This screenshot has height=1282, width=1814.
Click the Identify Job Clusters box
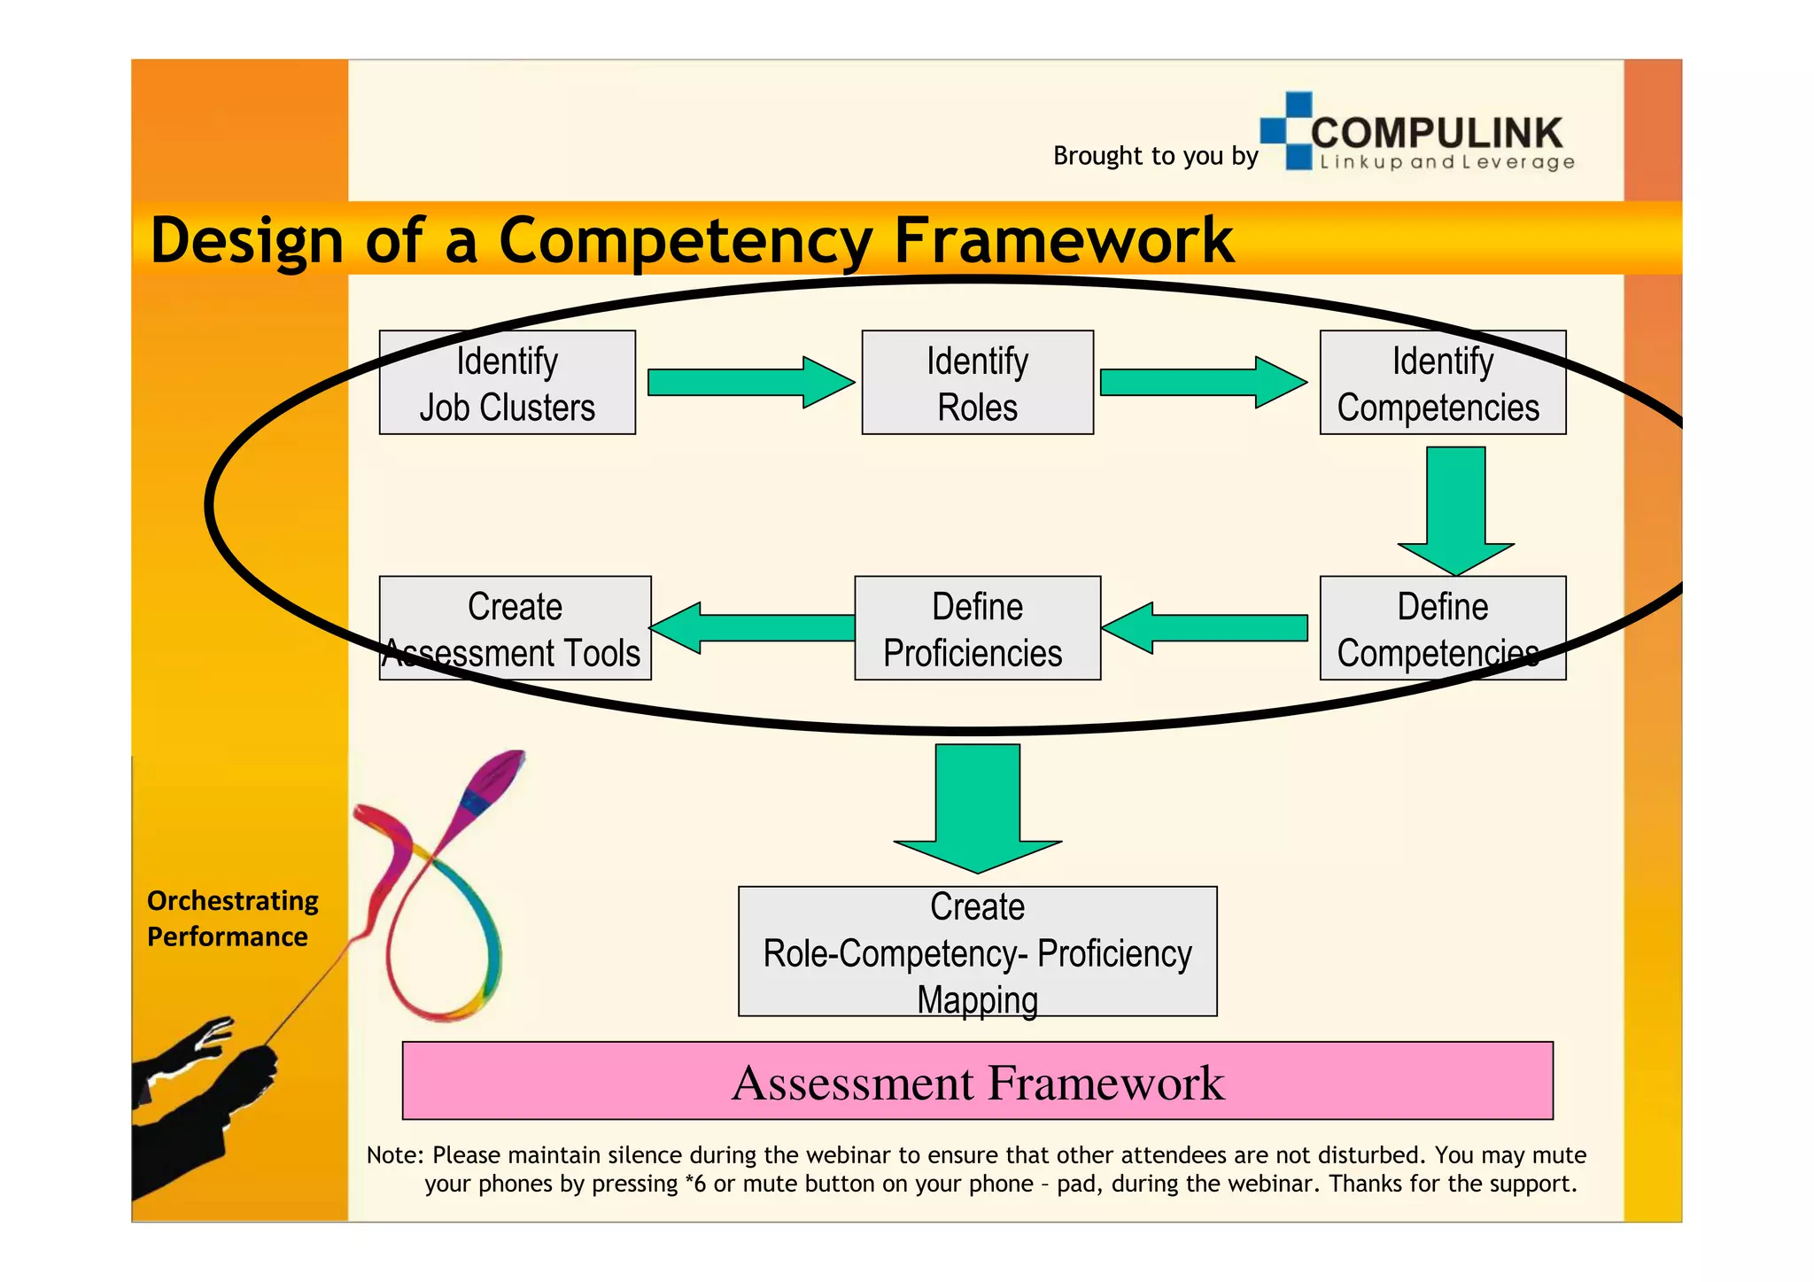(507, 383)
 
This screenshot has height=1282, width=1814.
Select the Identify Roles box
(977, 383)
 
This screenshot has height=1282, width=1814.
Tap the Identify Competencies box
(1442, 383)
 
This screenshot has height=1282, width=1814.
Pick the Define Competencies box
(1442, 628)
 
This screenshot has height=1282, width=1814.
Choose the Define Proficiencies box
(977, 628)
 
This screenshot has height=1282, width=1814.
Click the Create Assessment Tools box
(515, 628)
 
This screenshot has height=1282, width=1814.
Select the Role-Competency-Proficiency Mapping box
(977, 952)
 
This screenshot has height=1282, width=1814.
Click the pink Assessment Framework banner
(977, 1081)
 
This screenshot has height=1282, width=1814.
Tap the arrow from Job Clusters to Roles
(749, 383)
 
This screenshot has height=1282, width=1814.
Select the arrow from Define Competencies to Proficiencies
(1205, 628)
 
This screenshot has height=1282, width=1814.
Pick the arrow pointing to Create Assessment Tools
(753, 628)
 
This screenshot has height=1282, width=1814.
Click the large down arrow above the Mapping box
(977, 806)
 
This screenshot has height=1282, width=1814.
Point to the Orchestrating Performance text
(232, 918)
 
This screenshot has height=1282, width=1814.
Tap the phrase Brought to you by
(1155, 156)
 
